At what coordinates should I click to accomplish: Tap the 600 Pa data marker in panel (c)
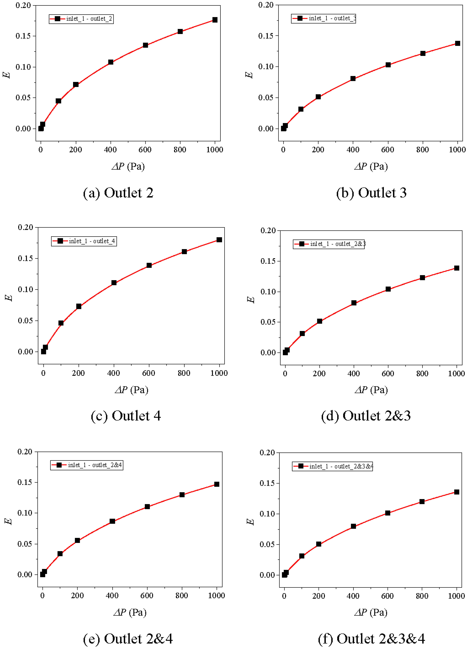(149, 265)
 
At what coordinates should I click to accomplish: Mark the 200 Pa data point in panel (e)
(77, 540)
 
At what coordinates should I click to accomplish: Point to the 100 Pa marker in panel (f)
(302, 556)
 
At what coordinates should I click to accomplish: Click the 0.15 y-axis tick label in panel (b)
(266, 36)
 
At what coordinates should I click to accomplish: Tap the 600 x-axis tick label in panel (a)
(145, 150)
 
